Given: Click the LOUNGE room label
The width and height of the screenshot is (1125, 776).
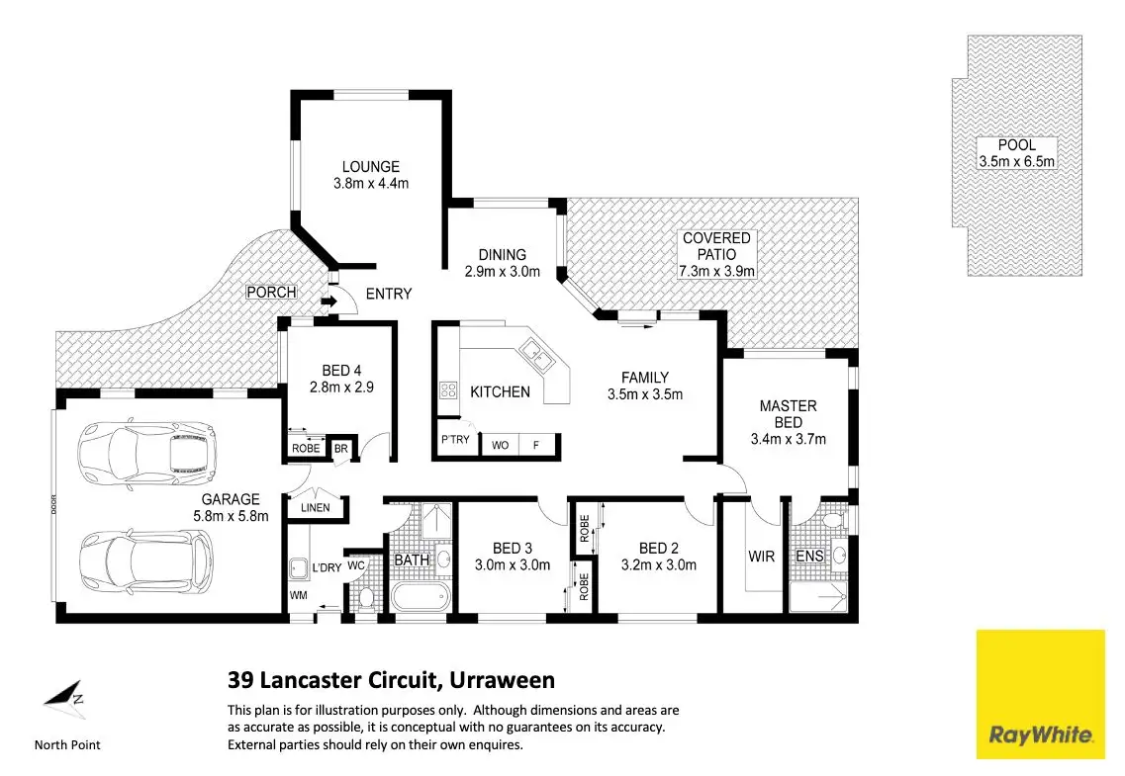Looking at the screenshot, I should click(x=371, y=167).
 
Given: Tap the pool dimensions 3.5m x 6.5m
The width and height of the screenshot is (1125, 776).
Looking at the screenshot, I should click(x=1016, y=162).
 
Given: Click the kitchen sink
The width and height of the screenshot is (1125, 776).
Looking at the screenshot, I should click(x=532, y=349).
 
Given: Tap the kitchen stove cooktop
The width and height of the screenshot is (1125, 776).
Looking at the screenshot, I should click(x=447, y=390).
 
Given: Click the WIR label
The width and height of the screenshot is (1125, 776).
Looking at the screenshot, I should click(x=761, y=557).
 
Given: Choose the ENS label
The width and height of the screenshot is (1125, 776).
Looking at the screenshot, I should click(x=809, y=557).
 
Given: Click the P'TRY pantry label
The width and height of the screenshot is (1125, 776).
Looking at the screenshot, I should click(x=455, y=440).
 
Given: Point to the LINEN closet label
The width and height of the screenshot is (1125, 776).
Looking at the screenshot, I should click(x=315, y=508).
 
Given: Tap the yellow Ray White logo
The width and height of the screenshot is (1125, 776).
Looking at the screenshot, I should click(x=1040, y=694).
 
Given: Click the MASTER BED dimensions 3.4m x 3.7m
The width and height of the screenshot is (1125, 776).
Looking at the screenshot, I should click(x=789, y=439).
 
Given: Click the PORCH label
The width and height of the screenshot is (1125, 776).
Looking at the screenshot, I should click(x=271, y=293).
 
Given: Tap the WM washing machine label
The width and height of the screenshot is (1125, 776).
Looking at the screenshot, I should click(x=298, y=595).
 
